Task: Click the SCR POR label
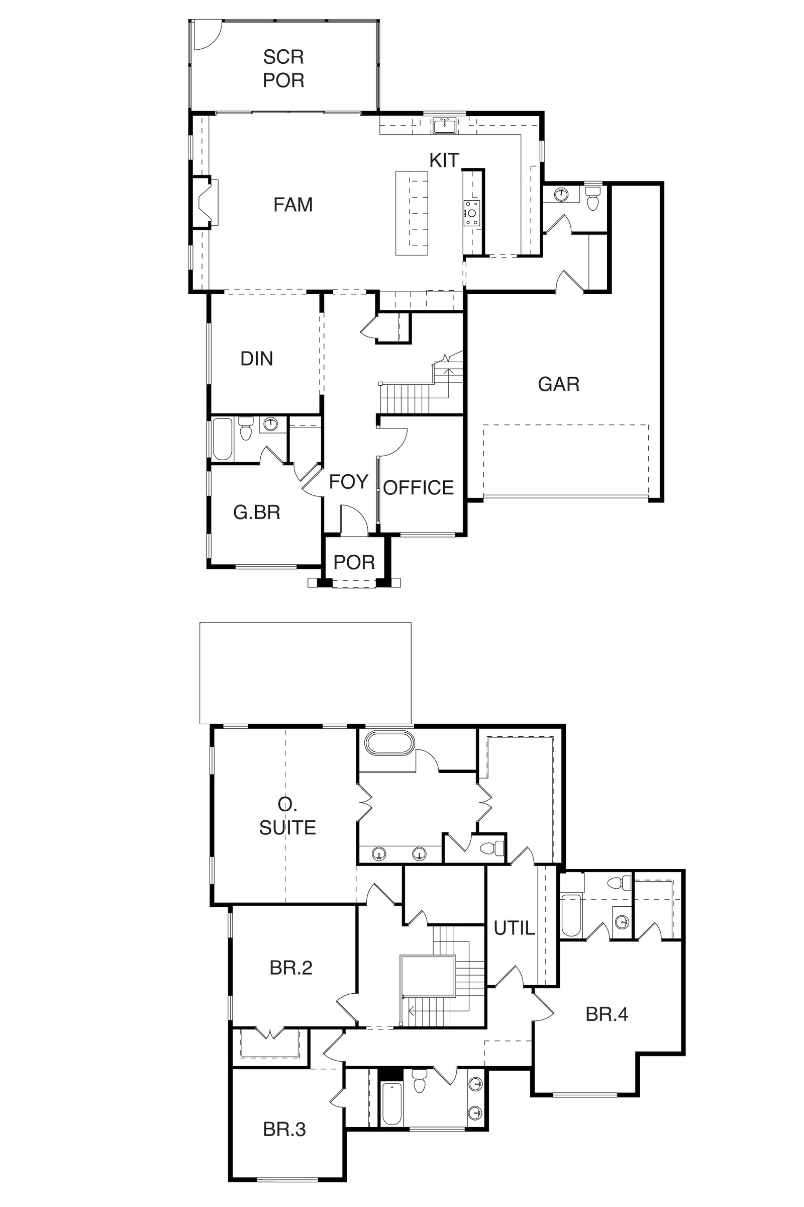(x=283, y=68)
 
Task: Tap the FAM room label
(x=293, y=205)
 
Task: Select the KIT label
(x=444, y=160)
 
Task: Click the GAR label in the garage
(x=559, y=384)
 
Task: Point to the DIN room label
(x=256, y=359)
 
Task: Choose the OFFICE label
(x=419, y=487)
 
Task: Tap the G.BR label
(x=256, y=512)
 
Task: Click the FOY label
(x=348, y=482)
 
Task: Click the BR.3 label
(x=284, y=1129)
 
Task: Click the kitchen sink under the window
(x=445, y=125)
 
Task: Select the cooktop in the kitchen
(x=472, y=213)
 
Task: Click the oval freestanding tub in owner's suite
(x=388, y=743)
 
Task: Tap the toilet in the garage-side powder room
(x=593, y=198)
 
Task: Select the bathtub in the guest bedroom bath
(x=222, y=440)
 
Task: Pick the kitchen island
(x=411, y=213)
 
